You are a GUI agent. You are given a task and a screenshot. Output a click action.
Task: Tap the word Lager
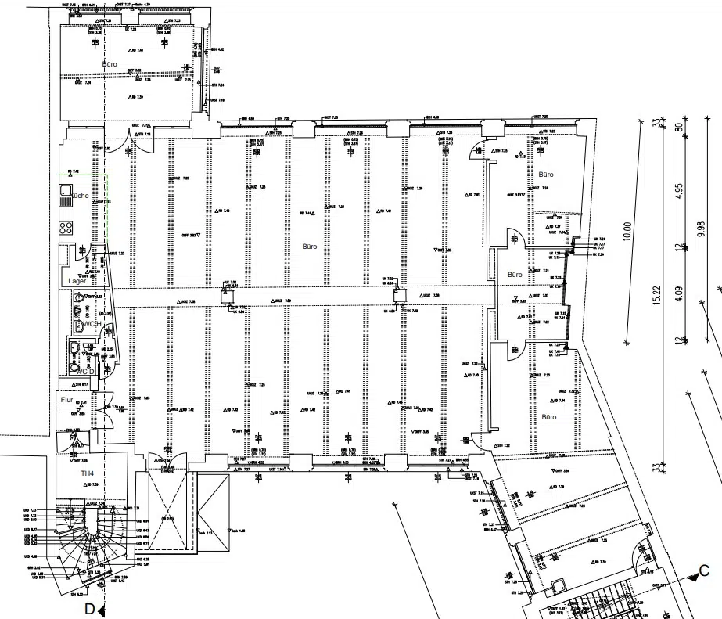click(77, 280)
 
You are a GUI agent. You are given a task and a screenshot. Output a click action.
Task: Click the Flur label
click(67, 399)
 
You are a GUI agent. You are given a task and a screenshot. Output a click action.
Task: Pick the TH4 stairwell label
click(76, 473)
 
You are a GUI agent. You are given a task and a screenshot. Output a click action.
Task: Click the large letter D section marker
click(89, 608)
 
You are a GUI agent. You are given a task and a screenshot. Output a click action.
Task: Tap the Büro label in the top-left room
click(109, 63)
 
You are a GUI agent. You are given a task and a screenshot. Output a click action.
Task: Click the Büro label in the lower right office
click(548, 417)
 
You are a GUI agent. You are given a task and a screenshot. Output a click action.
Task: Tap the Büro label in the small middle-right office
click(514, 275)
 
